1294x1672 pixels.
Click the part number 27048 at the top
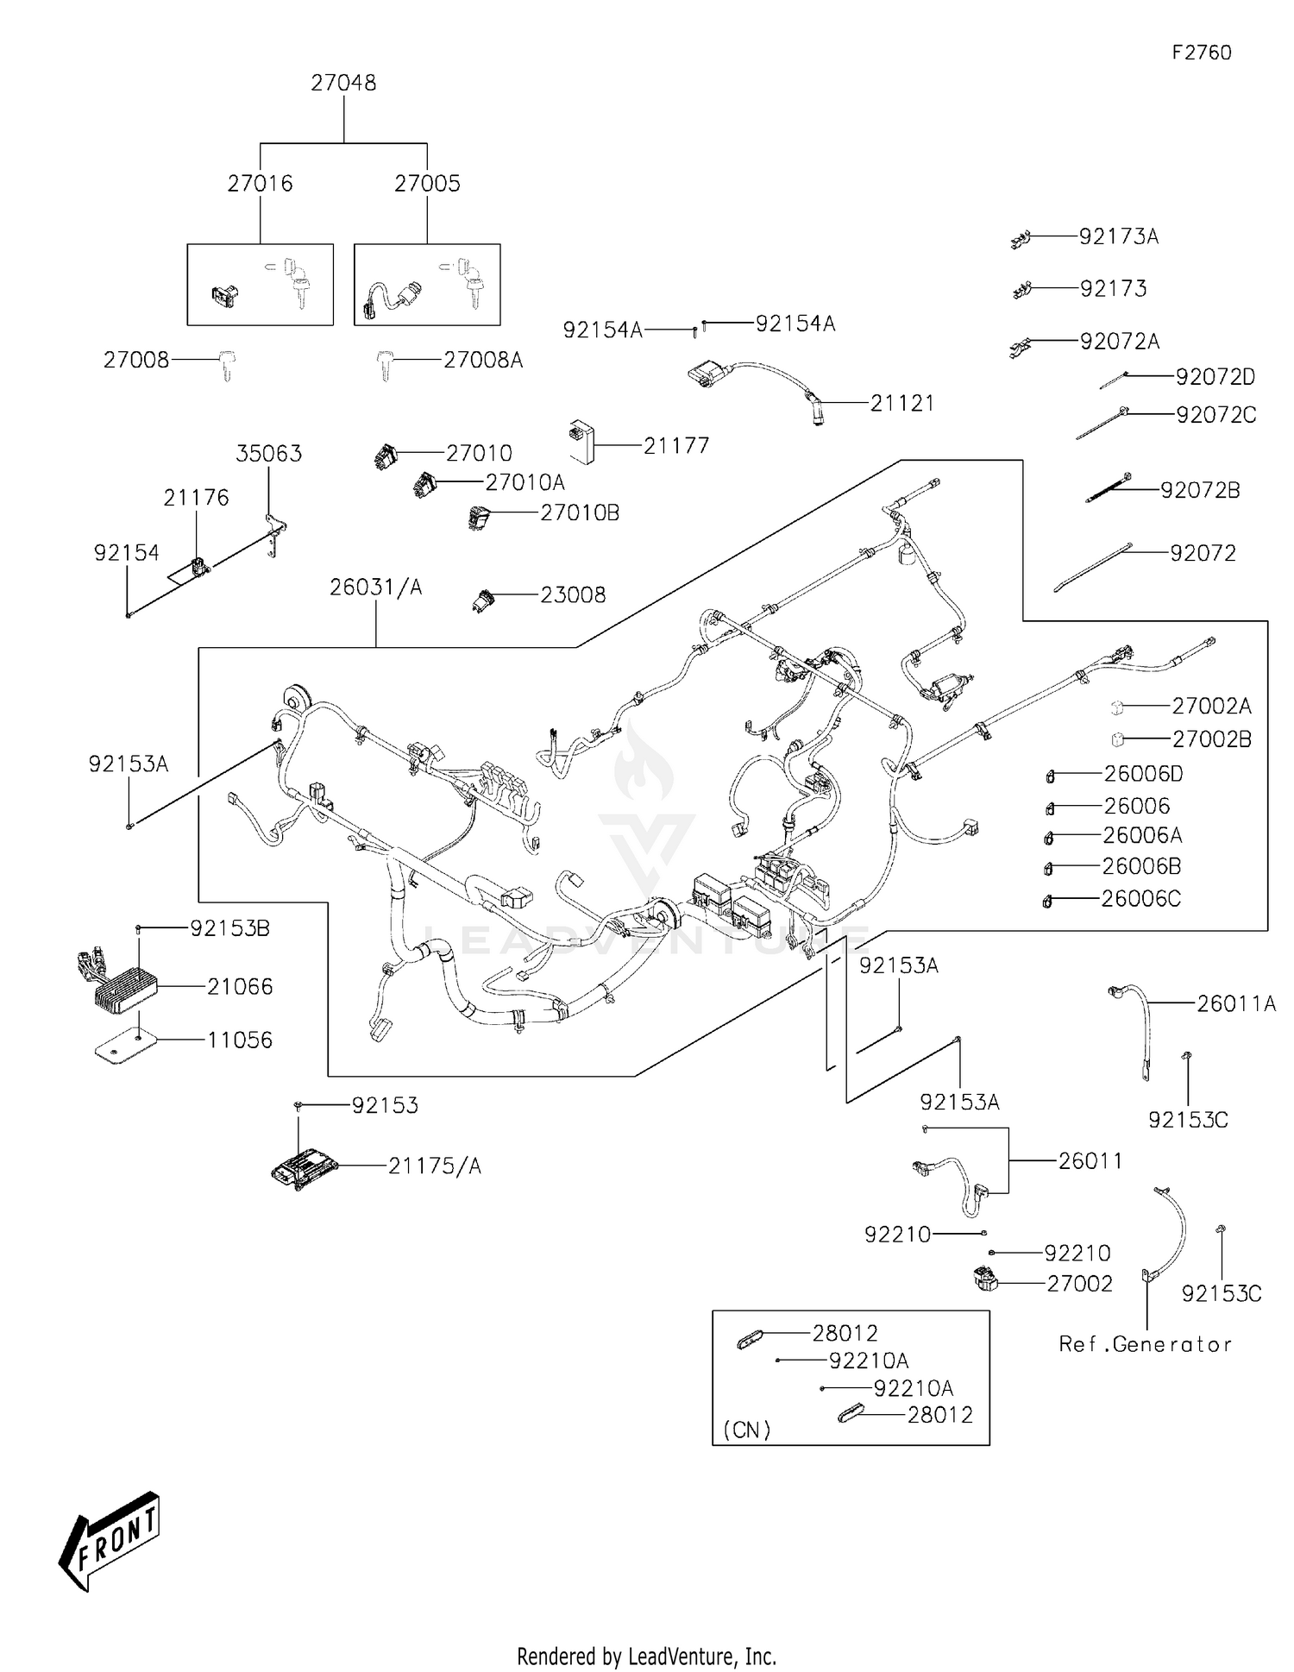[x=343, y=83]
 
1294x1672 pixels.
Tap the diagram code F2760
[x=1201, y=53]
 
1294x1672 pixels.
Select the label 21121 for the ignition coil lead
[x=901, y=403]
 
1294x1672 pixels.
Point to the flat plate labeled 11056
[x=124, y=1047]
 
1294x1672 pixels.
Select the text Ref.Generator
[x=1145, y=1344]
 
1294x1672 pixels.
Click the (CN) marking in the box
[x=746, y=1430]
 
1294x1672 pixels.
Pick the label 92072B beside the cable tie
[x=1200, y=490]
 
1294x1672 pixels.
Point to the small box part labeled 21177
[x=580, y=441]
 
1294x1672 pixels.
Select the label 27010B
[x=580, y=512]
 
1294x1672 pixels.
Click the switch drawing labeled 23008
[x=484, y=600]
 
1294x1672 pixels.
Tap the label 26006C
[x=1140, y=899]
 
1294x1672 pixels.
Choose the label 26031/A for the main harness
[x=376, y=588]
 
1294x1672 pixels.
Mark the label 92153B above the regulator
[x=229, y=928]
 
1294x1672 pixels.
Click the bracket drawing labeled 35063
[x=275, y=532]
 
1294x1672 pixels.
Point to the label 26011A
[x=1235, y=1003]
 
